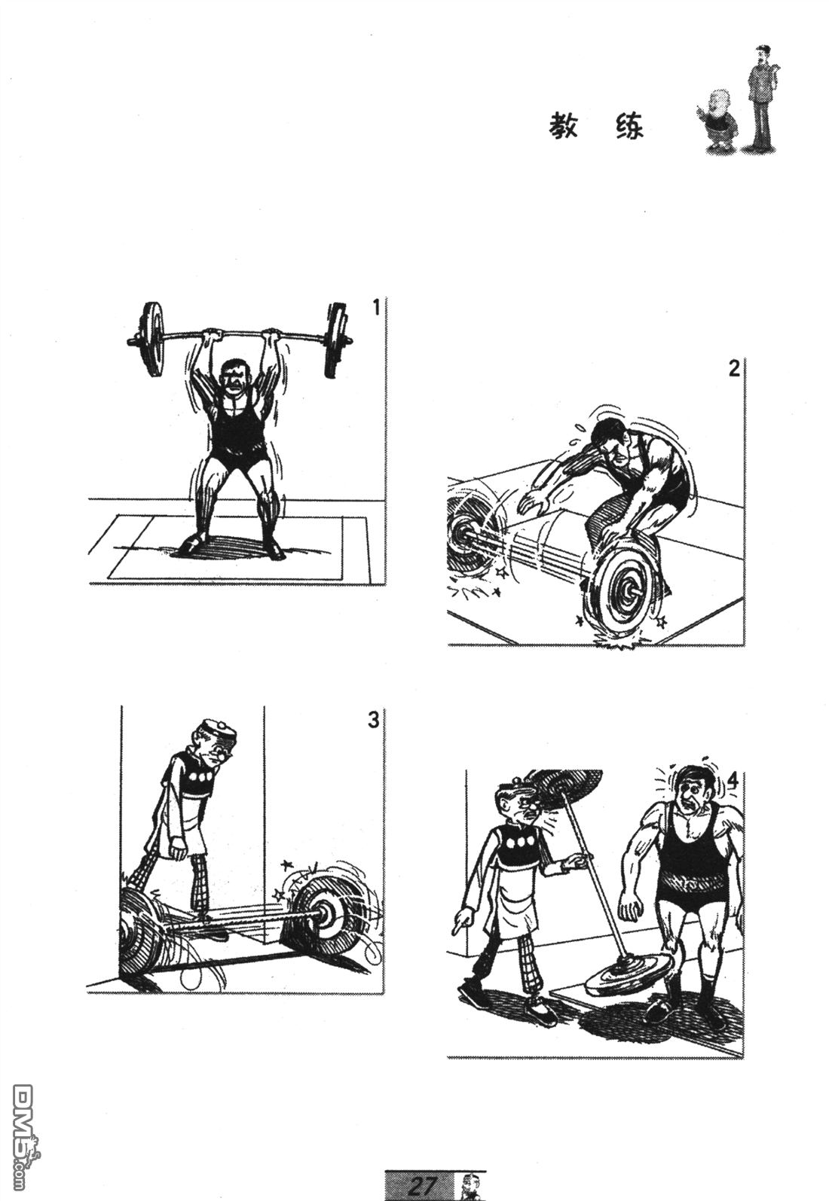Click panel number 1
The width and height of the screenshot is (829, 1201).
click(x=376, y=308)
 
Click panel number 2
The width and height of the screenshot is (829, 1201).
click(x=734, y=368)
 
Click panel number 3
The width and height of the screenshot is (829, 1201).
click(x=374, y=720)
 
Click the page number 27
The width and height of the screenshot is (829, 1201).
click(x=422, y=1184)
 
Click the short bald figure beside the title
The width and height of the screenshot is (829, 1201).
click(x=717, y=121)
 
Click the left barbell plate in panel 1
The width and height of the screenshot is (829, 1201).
click(x=151, y=340)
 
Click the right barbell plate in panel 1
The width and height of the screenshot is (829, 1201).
click(x=336, y=341)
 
